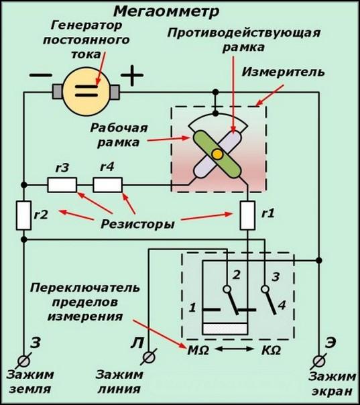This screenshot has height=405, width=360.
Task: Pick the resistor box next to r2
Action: pos(24,215)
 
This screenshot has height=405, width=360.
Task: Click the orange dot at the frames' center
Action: pos(217,155)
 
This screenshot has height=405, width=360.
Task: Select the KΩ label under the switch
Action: pos(269,351)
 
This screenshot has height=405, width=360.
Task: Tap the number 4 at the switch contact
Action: pos(282,306)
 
